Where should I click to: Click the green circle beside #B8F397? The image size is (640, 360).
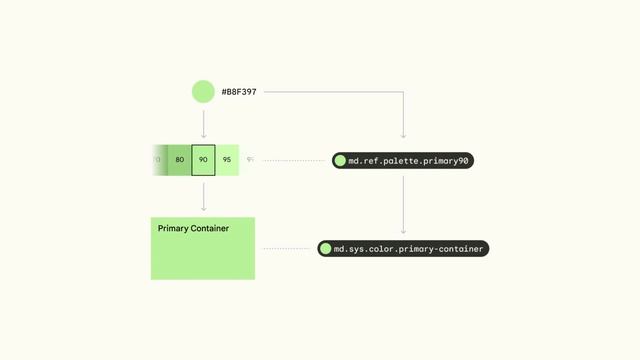tap(203, 92)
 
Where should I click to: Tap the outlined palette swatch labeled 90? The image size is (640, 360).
tap(203, 159)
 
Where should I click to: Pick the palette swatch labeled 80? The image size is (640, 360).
tap(180, 159)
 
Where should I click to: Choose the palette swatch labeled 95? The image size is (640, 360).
tap(227, 159)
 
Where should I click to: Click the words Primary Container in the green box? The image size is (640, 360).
tap(193, 228)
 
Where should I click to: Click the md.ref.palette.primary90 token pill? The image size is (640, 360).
tap(402, 160)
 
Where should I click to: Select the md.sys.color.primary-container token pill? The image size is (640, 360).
tap(403, 248)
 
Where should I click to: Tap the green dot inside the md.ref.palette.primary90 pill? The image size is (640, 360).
tap(341, 160)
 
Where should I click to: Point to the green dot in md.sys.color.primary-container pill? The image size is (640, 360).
tap(326, 248)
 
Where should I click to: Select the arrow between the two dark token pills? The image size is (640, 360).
tap(403, 205)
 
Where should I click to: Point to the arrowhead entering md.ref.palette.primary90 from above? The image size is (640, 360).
tap(403, 136)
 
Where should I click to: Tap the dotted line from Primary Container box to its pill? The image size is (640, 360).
tap(286, 248)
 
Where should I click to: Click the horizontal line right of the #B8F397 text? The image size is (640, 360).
tap(330, 92)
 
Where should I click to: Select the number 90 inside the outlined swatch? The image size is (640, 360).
tap(203, 159)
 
